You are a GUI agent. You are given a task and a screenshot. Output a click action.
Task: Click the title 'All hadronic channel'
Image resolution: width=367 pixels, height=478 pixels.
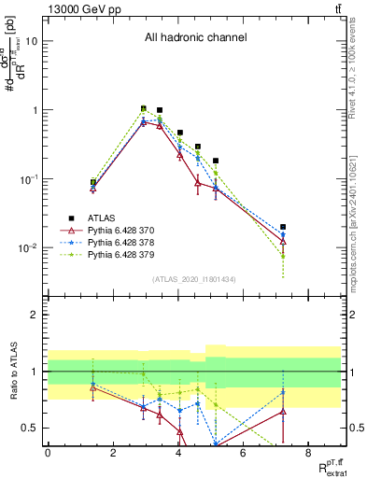click(x=195, y=38)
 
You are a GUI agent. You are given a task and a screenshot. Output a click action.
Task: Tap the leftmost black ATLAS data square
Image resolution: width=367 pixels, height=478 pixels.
click(x=93, y=182)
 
